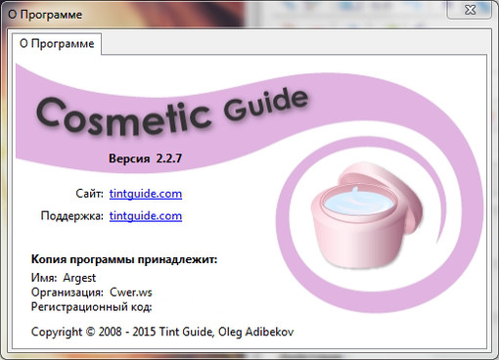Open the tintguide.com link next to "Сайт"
tap(146, 194)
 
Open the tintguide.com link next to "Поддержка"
tap(146, 215)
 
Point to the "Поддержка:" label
tap(71, 215)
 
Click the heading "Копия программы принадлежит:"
tap(123, 261)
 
